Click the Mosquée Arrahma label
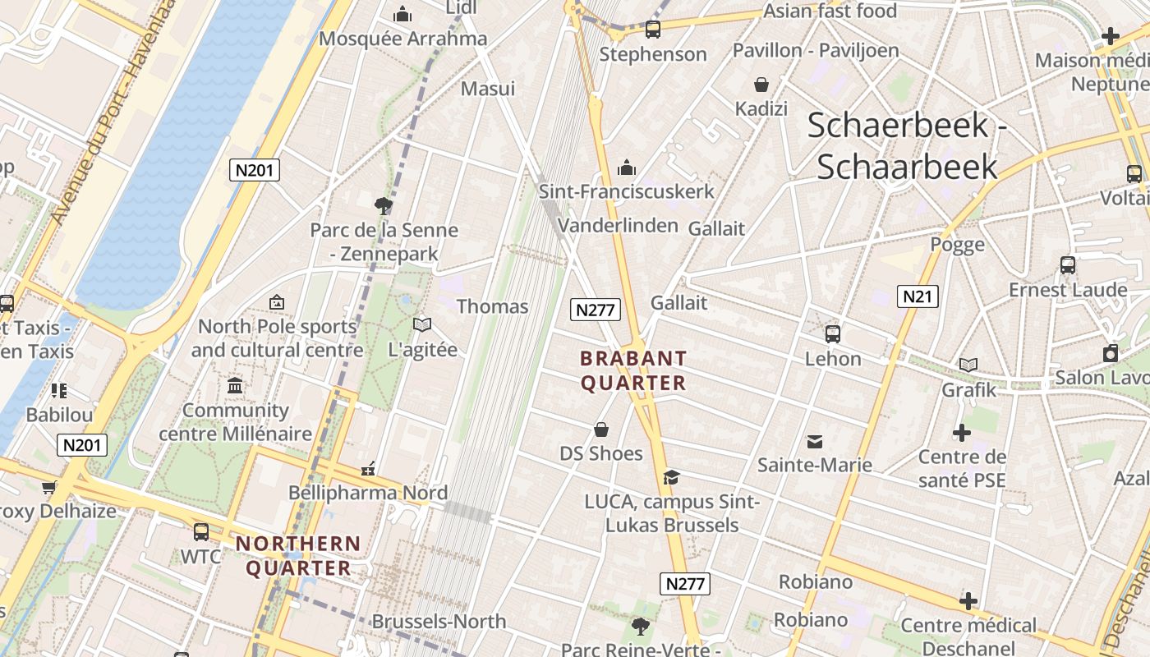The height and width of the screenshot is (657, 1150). (402, 39)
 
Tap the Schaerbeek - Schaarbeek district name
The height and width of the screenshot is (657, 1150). (907, 145)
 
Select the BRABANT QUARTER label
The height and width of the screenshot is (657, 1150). (633, 370)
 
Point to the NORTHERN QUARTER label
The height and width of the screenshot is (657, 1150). (298, 555)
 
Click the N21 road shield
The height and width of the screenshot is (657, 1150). (917, 296)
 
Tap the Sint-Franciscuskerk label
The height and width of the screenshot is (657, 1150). (626, 191)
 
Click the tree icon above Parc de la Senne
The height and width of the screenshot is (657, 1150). (383, 205)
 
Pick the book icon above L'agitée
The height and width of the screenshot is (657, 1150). (422, 325)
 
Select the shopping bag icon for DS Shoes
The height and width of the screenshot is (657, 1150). (601, 430)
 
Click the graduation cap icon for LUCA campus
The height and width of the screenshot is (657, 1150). (671, 477)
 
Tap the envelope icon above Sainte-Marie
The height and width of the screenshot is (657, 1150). (815, 442)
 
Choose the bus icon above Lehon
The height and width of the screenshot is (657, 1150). (832, 334)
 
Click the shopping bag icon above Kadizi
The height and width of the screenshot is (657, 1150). (761, 85)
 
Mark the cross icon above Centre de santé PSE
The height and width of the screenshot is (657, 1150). (961, 433)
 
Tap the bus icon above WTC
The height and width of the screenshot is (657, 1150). (201, 532)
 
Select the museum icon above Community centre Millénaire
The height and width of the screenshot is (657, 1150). (235, 385)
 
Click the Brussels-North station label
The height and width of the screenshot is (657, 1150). (439, 621)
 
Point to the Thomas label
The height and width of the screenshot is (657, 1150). (492, 306)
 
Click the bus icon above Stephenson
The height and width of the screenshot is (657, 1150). (653, 30)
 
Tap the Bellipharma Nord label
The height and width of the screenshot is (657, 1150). (368, 493)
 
